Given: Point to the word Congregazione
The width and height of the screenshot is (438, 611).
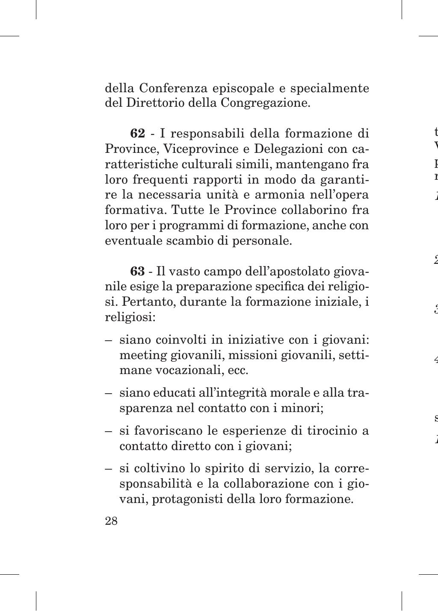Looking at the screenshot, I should point(265,103).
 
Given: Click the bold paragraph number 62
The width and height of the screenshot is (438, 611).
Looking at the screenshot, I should point(137,134).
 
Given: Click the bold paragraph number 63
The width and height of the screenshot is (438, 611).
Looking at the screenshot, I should point(137,272).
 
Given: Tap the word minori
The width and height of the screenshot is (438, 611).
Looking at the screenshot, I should point(302,408).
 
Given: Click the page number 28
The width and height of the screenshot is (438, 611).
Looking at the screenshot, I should point(111,521).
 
